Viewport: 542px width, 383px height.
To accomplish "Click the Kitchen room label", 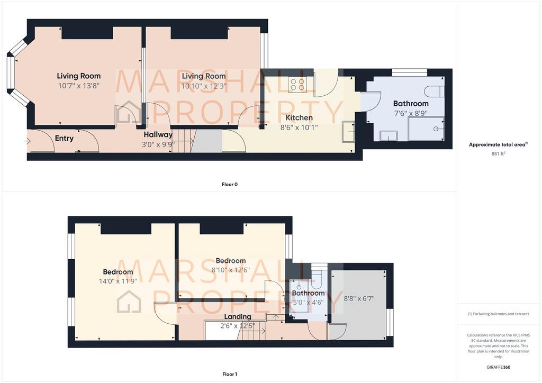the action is pos(299,118).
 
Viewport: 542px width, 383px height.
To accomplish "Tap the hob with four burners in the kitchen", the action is pos(297,84).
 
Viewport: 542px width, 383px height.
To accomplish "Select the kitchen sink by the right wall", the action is pos(348,132).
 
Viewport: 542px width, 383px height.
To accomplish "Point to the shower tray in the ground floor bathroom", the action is pos(426,129).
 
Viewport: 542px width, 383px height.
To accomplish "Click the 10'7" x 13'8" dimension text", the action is pos(79,86).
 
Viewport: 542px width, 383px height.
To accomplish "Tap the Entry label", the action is pos(64,138).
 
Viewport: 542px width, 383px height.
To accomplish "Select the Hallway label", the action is pos(158,135).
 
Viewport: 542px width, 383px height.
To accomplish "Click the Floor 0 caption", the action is pos(230,185).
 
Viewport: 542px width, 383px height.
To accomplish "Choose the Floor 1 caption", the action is pos(230,374).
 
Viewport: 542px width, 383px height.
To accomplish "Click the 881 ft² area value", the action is pos(498,154).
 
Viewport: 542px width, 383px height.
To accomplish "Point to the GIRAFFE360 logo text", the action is pos(498,367).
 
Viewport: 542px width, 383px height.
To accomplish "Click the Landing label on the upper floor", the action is pos(238,316).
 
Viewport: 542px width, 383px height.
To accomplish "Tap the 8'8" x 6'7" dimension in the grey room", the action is pos(359,298).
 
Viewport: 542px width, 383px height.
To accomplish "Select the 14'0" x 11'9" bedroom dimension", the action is pos(118,281).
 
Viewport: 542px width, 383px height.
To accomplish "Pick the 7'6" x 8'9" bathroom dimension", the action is pos(411,113).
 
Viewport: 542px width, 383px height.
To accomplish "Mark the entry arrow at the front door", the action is pos(28,141).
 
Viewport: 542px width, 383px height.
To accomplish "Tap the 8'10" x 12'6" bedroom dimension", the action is pos(231,270).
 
